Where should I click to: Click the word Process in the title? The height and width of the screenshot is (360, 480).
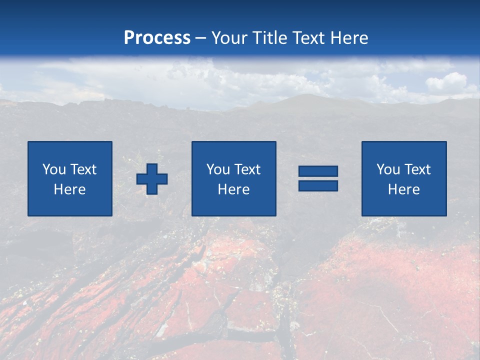pos(157,38)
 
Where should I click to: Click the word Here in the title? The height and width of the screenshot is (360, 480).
pos(349,38)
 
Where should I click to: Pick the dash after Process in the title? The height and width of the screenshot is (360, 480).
pos(200,38)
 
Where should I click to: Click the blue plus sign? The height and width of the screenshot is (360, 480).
pos(152,179)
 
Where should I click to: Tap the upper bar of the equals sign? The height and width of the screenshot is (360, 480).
pos(318,171)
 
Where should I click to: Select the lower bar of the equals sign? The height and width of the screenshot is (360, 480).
pos(318,185)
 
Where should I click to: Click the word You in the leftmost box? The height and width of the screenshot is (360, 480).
pos(54,169)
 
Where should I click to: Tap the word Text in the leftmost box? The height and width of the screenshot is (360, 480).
pos(83,169)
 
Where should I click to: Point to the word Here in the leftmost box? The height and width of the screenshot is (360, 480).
pos(69,189)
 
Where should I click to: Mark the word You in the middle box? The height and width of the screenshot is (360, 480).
pos(218,169)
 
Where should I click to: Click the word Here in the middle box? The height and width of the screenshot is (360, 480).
pos(233,189)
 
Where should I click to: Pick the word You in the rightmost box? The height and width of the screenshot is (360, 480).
pos(388,169)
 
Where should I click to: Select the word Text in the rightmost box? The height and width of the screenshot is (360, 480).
pos(417,169)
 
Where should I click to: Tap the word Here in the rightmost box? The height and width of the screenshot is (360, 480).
pos(403,189)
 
